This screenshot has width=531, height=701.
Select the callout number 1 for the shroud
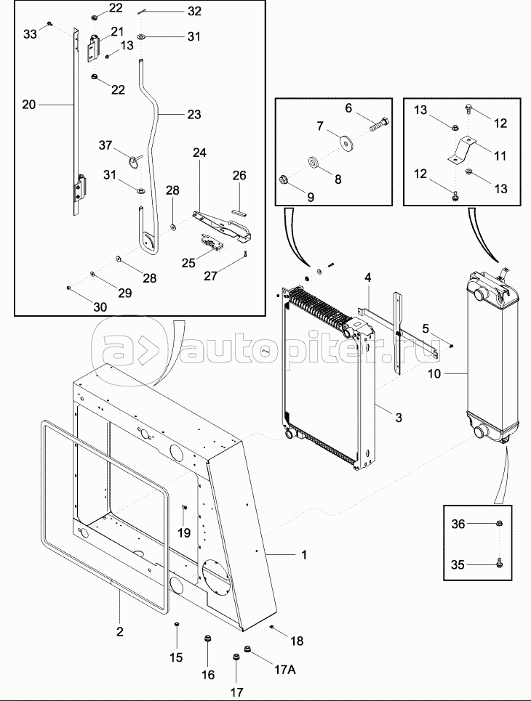click(x=304, y=555)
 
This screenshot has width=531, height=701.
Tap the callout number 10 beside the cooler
click(x=434, y=374)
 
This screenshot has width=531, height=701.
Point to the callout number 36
click(x=458, y=524)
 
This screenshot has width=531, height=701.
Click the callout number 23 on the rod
click(x=194, y=115)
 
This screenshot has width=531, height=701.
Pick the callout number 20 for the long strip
click(x=28, y=105)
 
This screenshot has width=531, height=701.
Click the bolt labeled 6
click(x=380, y=123)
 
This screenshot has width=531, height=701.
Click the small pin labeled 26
click(x=239, y=212)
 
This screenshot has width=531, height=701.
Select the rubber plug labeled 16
click(x=207, y=640)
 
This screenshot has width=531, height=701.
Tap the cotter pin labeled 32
click(x=143, y=12)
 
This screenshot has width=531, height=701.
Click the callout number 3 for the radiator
click(x=398, y=418)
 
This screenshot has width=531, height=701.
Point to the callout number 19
click(x=184, y=533)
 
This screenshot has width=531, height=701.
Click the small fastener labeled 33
click(x=50, y=23)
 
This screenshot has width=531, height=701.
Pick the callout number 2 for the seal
click(x=119, y=632)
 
